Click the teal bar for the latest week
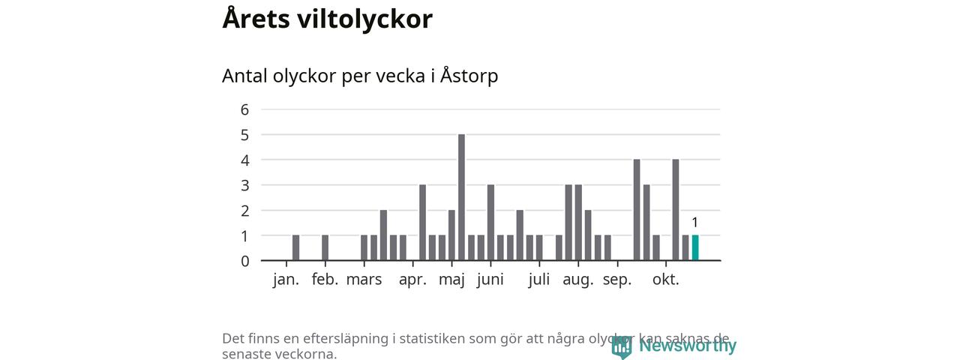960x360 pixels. pyautogui.click(x=695, y=248)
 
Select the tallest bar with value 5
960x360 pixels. pyautogui.click(x=461, y=197)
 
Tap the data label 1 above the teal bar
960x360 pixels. pyautogui.click(x=695, y=222)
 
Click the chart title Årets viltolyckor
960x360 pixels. pyautogui.click(x=327, y=19)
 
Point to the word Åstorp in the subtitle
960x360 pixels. pyautogui.click(x=469, y=76)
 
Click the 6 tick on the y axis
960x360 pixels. pyautogui.click(x=244, y=109)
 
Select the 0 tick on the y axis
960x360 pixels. pyautogui.click(x=244, y=261)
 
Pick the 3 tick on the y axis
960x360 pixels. pyautogui.click(x=244, y=185)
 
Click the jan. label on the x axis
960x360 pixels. pyautogui.click(x=286, y=280)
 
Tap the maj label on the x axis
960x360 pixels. pyautogui.click(x=452, y=280)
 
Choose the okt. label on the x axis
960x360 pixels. pyautogui.click(x=665, y=280)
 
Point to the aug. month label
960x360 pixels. pyautogui.click(x=578, y=280)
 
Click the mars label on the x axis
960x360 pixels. pyautogui.click(x=364, y=280)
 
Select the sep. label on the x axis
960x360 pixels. pyautogui.click(x=617, y=280)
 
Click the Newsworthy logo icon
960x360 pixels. pyautogui.click(x=621, y=346)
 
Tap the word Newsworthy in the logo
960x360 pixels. pyautogui.click(x=687, y=346)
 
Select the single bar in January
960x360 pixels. pyautogui.click(x=296, y=248)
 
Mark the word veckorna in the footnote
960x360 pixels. pyautogui.click(x=304, y=354)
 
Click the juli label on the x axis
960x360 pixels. pyautogui.click(x=539, y=280)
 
